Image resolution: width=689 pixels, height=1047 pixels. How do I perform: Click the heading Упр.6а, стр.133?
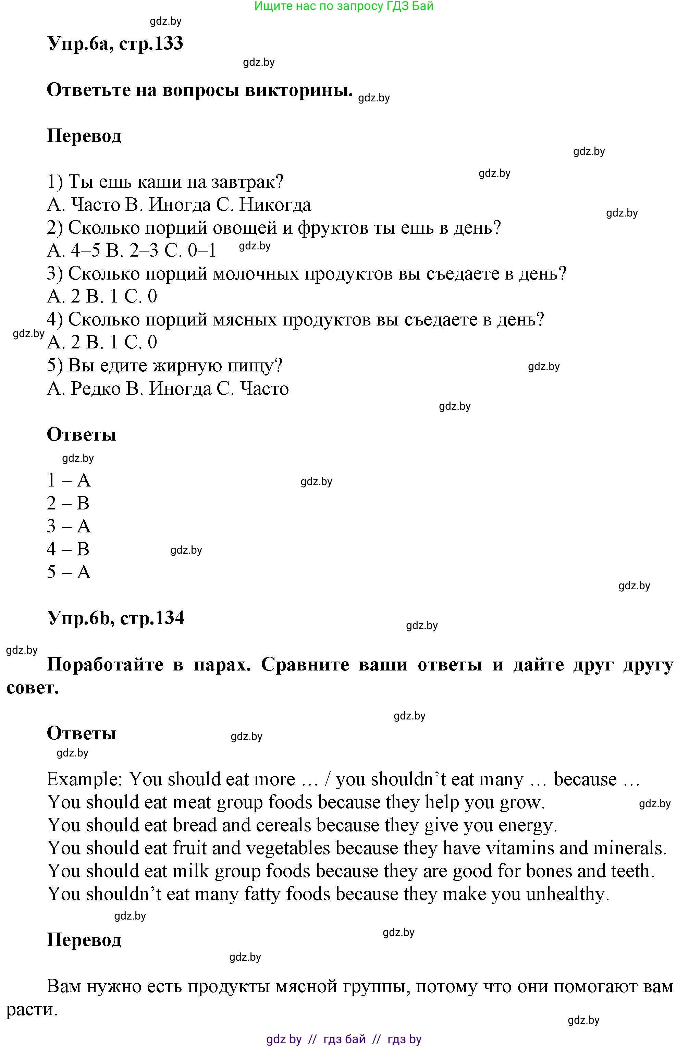(115, 44)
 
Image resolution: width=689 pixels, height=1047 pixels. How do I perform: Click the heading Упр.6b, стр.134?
(115, 618)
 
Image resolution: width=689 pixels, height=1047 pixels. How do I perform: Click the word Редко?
(96, 389)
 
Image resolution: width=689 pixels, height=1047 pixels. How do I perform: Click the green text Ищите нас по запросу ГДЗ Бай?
(344, 6)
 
